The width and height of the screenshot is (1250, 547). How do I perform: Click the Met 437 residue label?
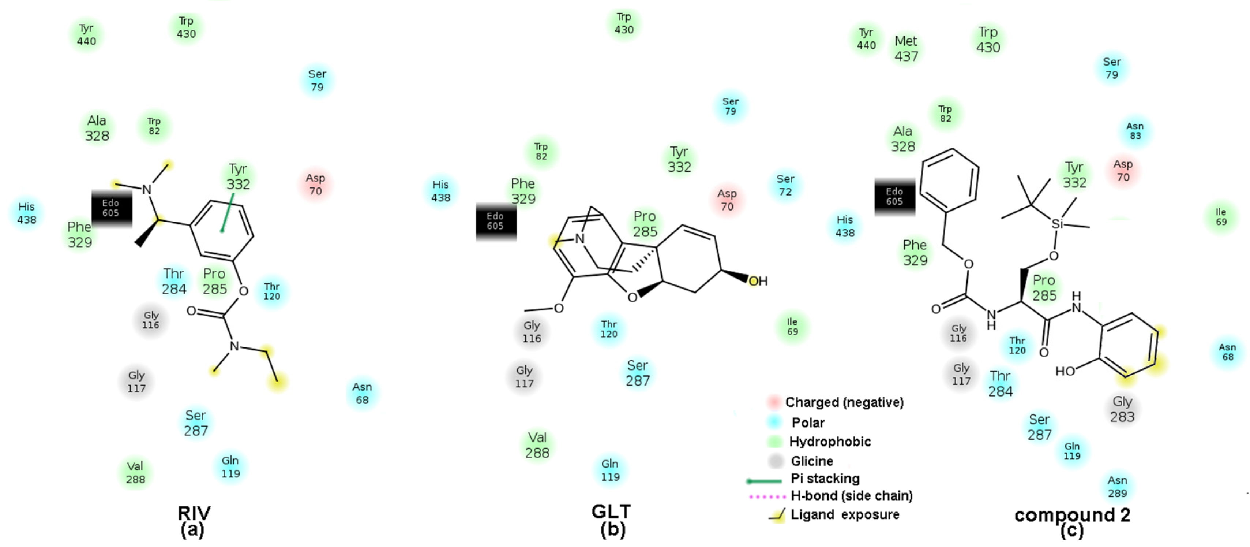[906, 49]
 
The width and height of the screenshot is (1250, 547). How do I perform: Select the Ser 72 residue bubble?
[785, 186]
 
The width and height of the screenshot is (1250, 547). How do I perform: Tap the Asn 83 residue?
[1134, 131]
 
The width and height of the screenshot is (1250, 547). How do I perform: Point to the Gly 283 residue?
[1122, 409]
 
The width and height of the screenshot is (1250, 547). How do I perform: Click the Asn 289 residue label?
[1117, 487]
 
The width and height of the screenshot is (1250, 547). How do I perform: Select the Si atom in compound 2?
[1057, 224]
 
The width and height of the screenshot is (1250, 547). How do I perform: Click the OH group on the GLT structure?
[758, 281]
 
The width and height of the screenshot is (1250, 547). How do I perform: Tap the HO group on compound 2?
[1065, 372]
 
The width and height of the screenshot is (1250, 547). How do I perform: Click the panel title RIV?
[194, 513]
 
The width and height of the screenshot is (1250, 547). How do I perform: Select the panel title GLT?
[611, 511]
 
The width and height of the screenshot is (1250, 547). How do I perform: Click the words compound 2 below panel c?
[1073, 515]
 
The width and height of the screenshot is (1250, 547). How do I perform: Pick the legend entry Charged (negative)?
[844, 402]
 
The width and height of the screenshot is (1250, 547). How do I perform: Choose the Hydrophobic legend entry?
[829, 442]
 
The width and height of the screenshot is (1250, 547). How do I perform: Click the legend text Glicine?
[811, 461]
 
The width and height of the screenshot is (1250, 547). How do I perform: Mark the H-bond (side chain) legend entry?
[851, 496]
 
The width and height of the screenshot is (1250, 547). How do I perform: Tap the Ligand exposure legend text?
[844, 515]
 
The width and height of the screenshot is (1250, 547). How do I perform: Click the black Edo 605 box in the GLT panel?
[495, 221]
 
